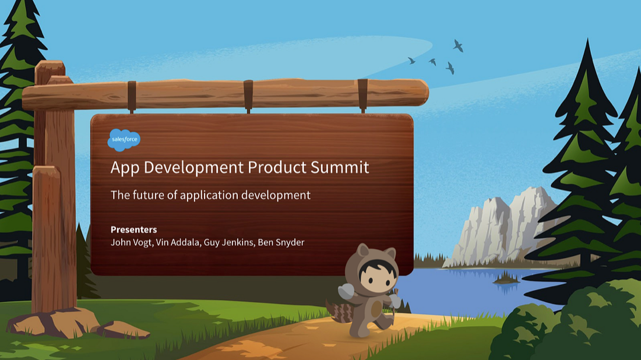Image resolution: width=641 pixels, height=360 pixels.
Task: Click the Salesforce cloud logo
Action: pyautogui.click(x=124, y=140)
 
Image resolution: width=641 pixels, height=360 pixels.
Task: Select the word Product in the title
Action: pyautogui.click(x=277, y=167)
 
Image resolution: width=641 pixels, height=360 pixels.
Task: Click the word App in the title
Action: pyautogui.click(x=125, y=167)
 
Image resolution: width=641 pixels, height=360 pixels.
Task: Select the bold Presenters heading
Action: pyautogui.click(x=133, y=230)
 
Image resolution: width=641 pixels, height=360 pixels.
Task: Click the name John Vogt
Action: pyautogui.click(x=131, y=242)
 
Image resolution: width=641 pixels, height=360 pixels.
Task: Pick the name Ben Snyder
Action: pyautogui.click(x=282, y=242)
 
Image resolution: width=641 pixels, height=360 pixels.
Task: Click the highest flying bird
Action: pyautogui.click(x=459, y=45)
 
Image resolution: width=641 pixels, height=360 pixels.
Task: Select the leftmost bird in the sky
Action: pyautogui.click(x=411, y=60)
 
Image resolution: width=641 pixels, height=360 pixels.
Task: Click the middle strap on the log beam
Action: pyautogui.click(x=248, y=94)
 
